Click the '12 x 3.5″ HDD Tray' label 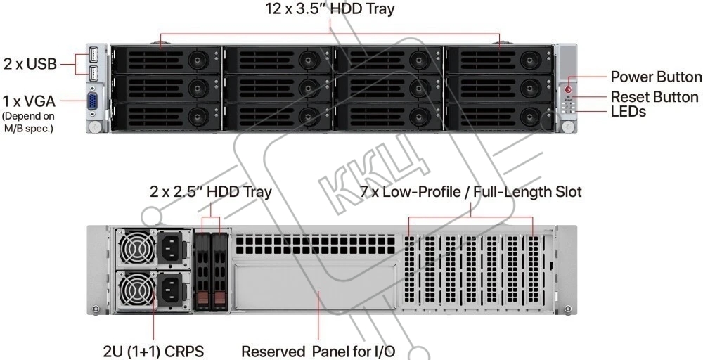[330, 9]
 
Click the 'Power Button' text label [655, 77]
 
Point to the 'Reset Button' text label [654, 97]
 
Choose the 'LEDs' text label [628, 112]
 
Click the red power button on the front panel [569, 89]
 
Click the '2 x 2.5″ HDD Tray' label [210, 191]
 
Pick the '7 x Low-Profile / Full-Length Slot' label [470, 191]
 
